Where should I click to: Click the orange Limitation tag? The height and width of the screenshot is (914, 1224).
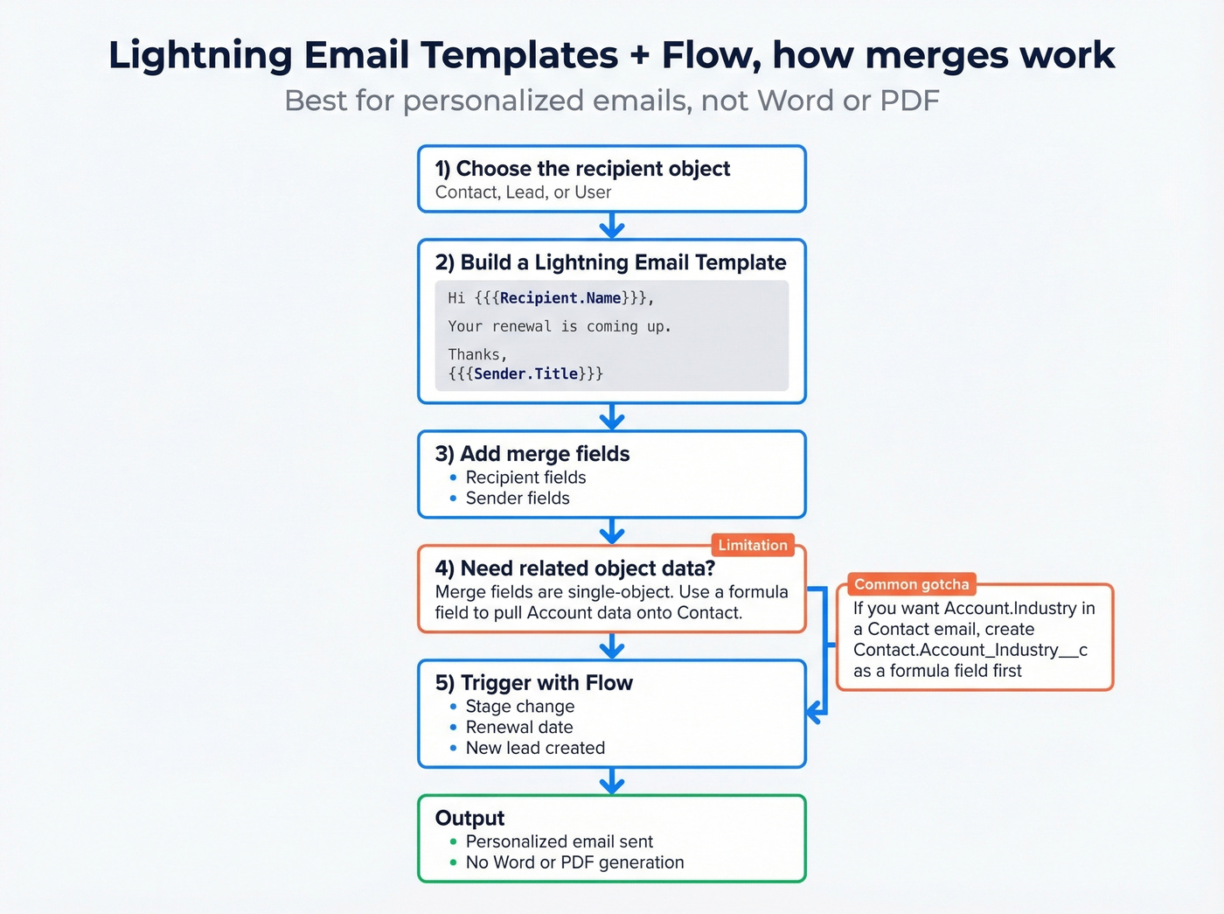tap(752, 545)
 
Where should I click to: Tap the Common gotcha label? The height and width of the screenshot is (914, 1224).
tap(911, 584)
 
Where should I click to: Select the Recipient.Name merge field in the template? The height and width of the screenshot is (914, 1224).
tap(560, 298)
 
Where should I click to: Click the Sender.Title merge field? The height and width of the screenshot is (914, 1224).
tap(525, 373)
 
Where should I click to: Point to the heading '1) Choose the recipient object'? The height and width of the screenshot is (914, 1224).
tap(582, 169)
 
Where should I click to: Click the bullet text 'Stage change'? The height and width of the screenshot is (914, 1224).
tap(519, 707)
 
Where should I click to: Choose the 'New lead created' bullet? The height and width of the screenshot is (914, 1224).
tap(535, 748)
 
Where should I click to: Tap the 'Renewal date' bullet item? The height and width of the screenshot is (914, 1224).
tap(519, 727)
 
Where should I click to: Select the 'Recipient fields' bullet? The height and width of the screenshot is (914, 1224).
tap(525, 478)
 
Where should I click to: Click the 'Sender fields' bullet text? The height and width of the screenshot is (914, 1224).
tap(518, 499)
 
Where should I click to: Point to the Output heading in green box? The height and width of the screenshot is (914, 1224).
tap(469, 818)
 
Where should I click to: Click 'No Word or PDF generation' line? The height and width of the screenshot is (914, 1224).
tap(574, 862)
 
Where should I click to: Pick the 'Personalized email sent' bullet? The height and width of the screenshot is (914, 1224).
tap(559, 841)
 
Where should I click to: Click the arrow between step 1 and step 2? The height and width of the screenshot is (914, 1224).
tap(612, 226)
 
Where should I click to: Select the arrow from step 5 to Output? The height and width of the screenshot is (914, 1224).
tap(612, 781)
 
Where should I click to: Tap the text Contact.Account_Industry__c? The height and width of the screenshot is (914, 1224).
tap(970, 650)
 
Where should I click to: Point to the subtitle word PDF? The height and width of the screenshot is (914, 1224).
tap(909, 101)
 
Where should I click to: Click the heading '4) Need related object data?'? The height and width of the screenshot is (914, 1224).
tap(574, 569)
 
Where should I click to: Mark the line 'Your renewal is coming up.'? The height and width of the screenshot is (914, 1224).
tap(560, 326)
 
